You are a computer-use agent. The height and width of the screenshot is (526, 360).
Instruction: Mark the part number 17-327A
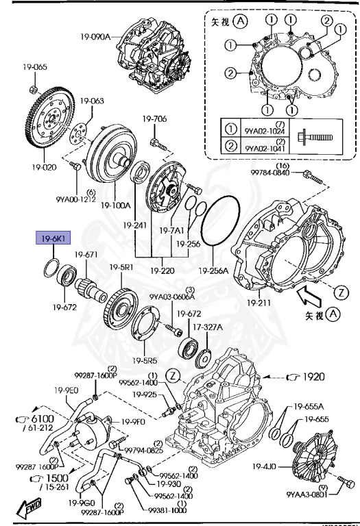click(207, 327)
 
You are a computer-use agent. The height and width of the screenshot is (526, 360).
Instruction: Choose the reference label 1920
click(311, 376)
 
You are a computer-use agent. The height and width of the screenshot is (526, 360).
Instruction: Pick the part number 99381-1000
click(166, 510)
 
